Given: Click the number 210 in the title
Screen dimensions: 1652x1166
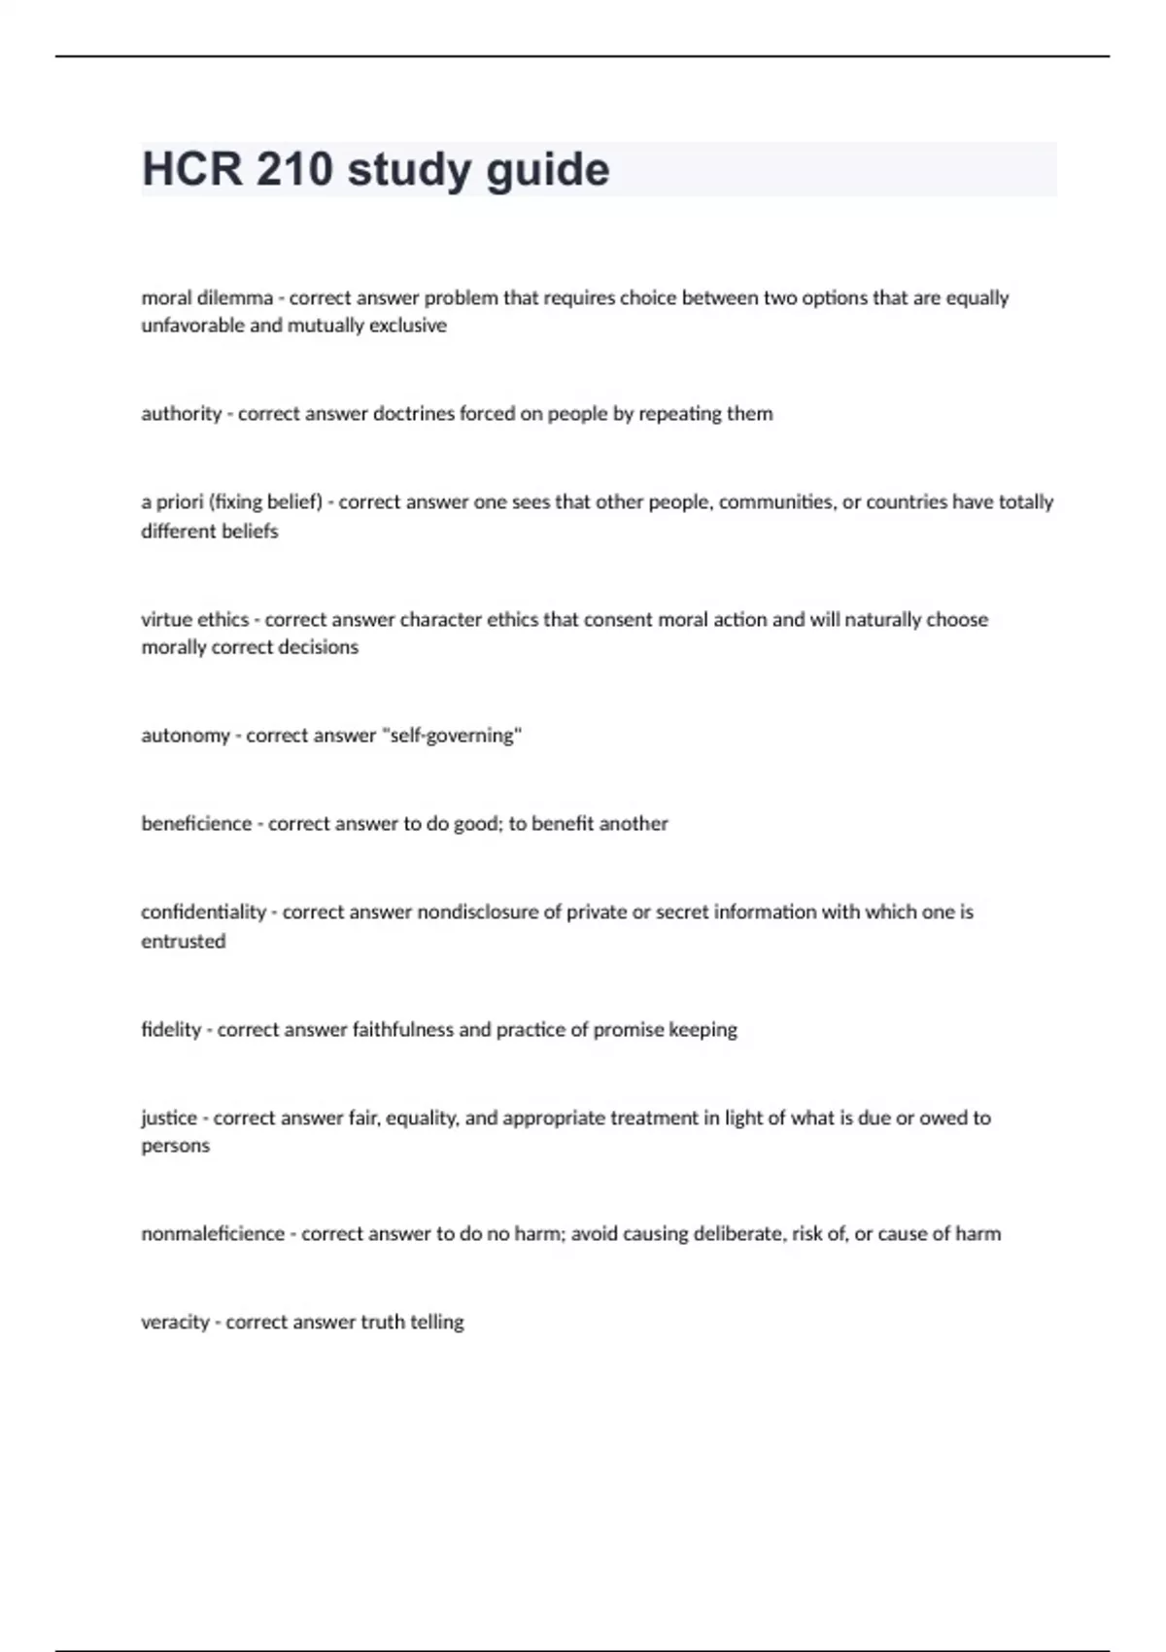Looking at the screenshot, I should click(x=293, y=169).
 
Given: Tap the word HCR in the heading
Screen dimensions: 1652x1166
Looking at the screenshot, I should click(x=192, y=169).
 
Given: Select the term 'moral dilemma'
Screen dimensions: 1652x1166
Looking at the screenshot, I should click(x=207, y=297).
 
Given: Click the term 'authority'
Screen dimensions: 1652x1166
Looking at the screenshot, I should click(x=182, y=413).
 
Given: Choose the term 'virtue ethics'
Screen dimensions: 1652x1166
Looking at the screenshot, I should click(x=195, y=619).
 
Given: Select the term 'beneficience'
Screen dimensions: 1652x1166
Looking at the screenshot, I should click(x=196, y=823).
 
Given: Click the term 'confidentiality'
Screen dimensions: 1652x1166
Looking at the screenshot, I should click(x=203, y=912).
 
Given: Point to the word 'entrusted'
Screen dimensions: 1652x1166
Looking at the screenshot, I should click(x=183, y=941).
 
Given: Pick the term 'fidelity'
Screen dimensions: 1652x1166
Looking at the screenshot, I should click(x=171, y=1029).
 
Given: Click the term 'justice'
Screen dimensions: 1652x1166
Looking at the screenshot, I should click(x=169, y=1118).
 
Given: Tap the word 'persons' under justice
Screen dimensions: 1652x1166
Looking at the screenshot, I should click(x=175, y=1145).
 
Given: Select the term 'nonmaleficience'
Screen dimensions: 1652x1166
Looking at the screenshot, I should click(x=213, y=1233).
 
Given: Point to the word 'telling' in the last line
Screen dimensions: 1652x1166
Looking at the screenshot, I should click(x=436, y=1322).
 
